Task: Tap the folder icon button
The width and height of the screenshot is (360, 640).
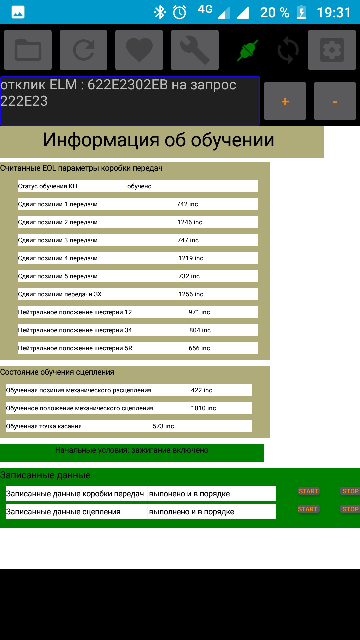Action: [28, 50]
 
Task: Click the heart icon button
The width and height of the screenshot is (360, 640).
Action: [139, 50]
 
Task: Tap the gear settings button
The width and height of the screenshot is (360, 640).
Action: [332, 50]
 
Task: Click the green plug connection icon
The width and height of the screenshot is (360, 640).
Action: [247, 50]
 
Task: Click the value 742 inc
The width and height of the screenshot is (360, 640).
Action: [187, 204]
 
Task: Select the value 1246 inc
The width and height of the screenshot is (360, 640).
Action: [190, 222]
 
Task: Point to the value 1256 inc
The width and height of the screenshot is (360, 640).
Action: [191, 294]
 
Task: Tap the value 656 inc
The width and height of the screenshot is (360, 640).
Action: [199, 348]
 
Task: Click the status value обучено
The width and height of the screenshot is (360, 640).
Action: [139, 186]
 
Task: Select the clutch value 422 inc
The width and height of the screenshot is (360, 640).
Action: [201, 390]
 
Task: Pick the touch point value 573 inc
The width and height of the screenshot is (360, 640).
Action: [163, 426]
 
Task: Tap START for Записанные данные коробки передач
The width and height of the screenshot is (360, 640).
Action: [308, 491]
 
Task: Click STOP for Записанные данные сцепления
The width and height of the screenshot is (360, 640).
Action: [350, 509]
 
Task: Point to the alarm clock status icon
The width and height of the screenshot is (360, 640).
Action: [180, 13]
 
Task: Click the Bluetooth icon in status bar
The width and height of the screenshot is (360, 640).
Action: [160, 13]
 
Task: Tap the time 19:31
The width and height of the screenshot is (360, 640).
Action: [334, 13]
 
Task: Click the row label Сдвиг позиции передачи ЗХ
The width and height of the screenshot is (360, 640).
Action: [60, 294]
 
